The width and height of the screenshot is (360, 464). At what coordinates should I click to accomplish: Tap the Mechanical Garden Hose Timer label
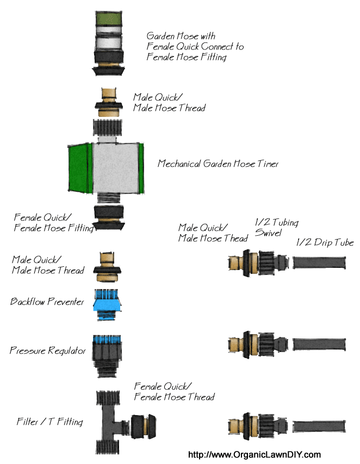pos(218,164)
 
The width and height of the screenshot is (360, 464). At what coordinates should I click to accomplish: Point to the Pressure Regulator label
pos(48,351)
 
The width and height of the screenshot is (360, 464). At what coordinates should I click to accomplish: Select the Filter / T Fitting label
pos(49,422)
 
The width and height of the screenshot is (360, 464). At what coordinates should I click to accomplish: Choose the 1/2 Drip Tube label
pos(325,242)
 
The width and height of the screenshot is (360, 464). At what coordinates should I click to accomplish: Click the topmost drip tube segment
pos(320,264)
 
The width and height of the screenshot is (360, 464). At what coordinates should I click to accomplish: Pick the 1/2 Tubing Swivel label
pos(277,228)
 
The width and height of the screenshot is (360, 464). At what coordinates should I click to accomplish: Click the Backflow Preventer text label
pos(47,302)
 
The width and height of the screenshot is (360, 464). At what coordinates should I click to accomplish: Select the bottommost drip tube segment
pos(320,425)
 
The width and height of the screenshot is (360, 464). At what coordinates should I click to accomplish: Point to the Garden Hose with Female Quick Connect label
pos(195,46)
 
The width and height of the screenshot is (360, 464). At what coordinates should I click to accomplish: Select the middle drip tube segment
pos(320,344)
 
